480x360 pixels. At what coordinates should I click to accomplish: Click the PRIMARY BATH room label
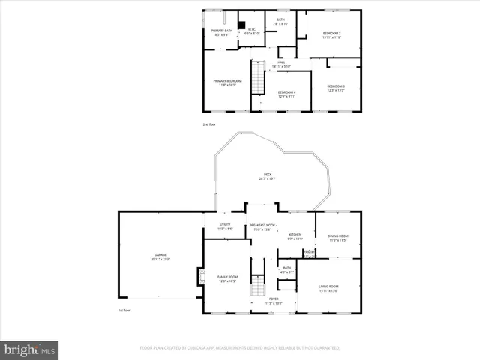point(222,32)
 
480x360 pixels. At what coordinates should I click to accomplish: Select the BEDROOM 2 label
point(332,35)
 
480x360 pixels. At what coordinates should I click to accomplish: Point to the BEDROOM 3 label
point(335,88)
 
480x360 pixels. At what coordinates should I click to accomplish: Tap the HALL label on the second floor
point(282,64)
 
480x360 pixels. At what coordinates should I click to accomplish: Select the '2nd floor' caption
point(208,124)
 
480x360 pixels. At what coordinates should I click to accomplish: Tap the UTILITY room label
point(224,226)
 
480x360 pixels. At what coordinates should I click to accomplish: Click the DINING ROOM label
point(338,238)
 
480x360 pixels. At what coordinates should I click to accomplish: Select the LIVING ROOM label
point(329,288)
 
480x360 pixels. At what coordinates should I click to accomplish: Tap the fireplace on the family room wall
point(200,277)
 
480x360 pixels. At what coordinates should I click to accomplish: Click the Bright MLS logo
point(30,349)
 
